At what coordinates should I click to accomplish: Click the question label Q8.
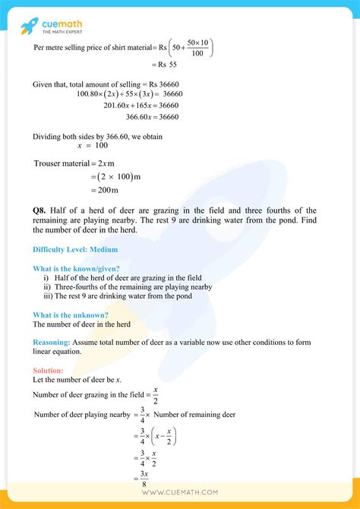(x=41, y=210)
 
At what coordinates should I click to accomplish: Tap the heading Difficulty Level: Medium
(x=75, y=248)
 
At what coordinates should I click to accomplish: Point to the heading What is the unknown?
(x=70, y=315)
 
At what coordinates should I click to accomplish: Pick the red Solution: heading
(x=48, y=370)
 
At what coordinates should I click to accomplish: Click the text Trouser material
(x=60, y=163)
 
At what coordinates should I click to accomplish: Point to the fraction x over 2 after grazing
(x=155, y=395)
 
